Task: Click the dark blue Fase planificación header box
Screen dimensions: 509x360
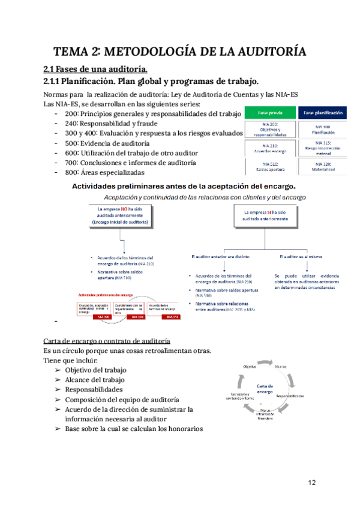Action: [323, 112]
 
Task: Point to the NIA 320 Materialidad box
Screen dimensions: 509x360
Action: [323, 166]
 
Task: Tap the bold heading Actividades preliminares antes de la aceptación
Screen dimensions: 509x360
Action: [184, 186]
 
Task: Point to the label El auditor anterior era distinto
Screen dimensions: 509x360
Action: [220, 256]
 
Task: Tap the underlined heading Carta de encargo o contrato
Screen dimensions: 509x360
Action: [106, 341]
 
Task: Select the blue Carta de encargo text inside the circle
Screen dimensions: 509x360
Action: [265, 388]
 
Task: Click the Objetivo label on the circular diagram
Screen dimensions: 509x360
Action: [250, 366]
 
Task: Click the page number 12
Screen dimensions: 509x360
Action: [312, 483]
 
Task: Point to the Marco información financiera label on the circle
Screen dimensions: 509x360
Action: [265, 415]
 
